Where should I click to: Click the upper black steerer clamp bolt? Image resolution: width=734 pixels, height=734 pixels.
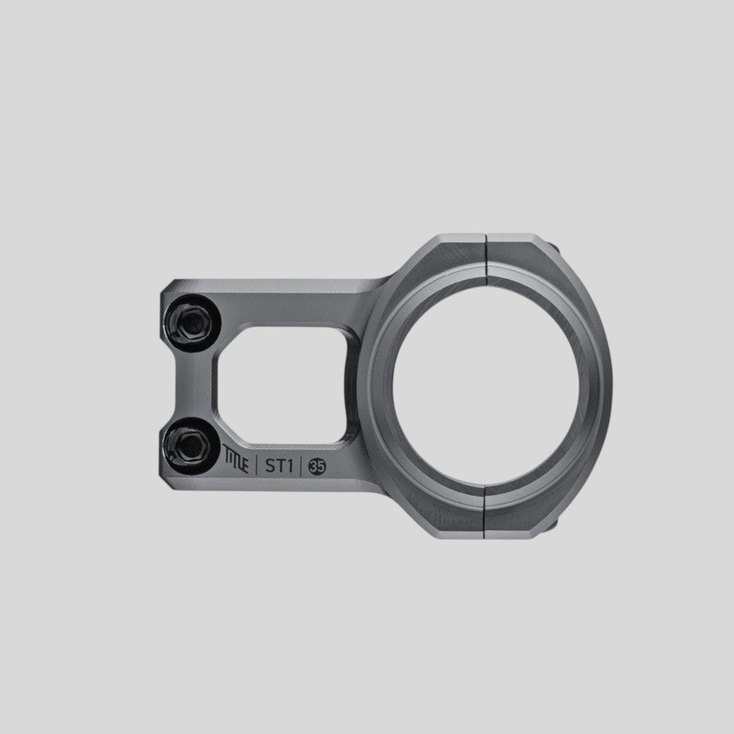click(x=191, y=322)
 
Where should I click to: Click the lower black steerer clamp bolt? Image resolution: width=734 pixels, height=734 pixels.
click(x=191, y=445)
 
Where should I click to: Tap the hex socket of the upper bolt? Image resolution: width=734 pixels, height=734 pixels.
click(x=191, y=322)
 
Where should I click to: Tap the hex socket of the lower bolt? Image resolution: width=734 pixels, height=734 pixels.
click(x=191, y=445)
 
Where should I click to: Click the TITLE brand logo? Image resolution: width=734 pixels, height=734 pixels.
click(x=235, y=459)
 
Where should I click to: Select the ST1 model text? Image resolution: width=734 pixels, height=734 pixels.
click(x=279, y=466)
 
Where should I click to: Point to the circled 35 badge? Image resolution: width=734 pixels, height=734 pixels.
click(x=317, y=467)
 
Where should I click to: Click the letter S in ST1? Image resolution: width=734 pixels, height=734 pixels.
click(x=270, y=466)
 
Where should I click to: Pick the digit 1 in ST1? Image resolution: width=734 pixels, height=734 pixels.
click(x=290, y=466)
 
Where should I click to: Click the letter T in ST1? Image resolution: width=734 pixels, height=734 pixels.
click(x=280, y=466)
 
